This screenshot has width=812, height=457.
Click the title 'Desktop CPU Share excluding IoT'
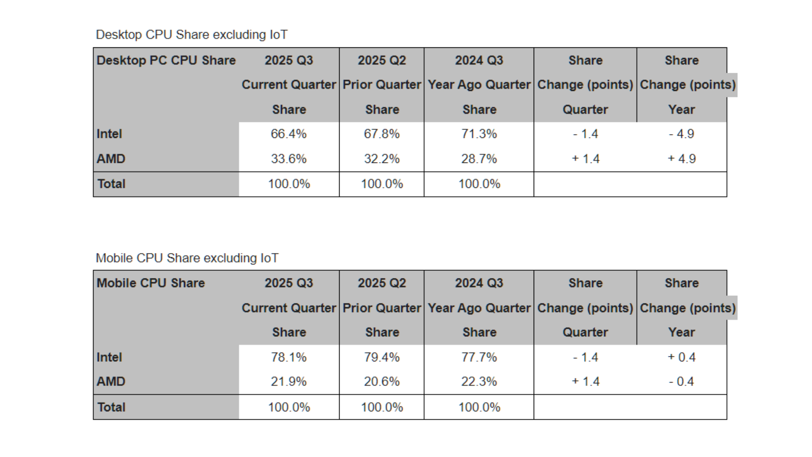click(192, 35)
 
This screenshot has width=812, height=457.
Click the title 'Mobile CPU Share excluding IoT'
click(187, 258)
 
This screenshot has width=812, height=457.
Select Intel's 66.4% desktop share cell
click(288, 134)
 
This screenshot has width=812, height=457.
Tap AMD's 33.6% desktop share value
click(288, 159)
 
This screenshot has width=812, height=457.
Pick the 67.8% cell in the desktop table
click(381, 134)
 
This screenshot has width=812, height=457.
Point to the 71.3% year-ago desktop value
click(479, 134)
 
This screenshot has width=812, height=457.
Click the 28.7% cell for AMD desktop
click(479, 159)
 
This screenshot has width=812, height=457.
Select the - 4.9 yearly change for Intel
click(681, 134)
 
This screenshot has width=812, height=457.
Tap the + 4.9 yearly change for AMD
click(681, 159)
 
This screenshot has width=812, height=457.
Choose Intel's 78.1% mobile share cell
click(288, 357)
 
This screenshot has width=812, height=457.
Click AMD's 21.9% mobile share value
click(288, 382)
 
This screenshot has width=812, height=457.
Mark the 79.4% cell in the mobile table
click(381, 357)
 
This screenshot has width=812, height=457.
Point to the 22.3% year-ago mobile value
click(479, 382)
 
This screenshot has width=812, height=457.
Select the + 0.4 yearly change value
click(681, 357)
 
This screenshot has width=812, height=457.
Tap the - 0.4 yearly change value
click(681, 382)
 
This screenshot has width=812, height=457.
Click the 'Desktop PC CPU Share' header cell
click(166, 61)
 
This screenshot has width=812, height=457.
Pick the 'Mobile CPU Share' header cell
click(151, 283)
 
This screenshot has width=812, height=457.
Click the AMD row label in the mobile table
click(111, 382)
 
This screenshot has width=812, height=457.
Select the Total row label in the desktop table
click(111, 184)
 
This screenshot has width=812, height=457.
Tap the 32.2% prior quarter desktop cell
click(381, 159)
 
